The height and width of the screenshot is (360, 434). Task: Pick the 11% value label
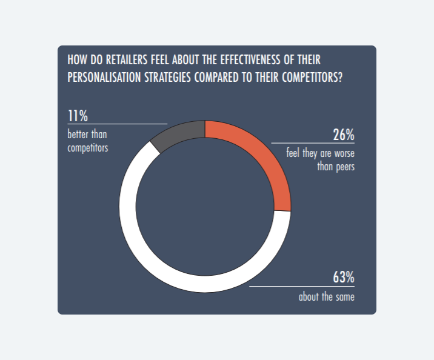[x=78, y=116]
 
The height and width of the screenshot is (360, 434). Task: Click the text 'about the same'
[x=326, y=297]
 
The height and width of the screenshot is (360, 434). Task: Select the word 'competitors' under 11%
[x=88, y=147]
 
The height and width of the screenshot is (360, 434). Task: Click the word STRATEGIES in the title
[x=167, y=78]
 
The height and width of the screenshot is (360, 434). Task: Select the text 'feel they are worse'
[x=320, y=153]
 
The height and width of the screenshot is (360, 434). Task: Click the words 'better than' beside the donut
[x=87, y=134]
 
